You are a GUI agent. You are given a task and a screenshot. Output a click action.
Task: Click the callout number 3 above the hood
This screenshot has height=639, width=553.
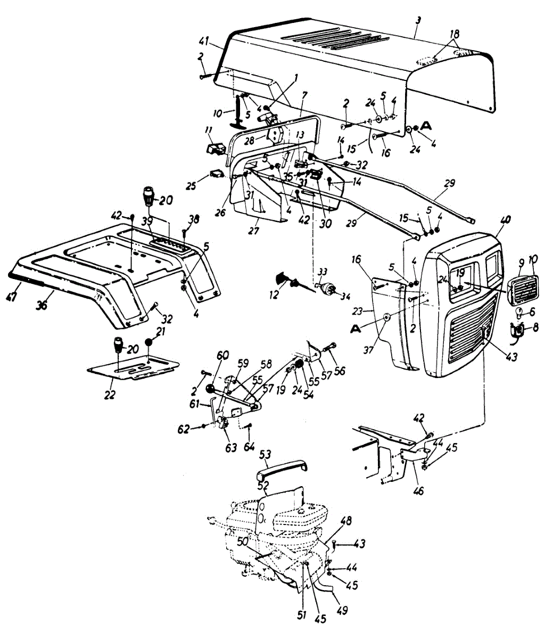tap(418, 20)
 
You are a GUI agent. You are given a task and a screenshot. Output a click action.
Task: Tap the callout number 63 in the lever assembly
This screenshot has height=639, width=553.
tap(230, 448)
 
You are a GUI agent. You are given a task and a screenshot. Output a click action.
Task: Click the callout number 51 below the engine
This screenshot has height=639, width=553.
tap(302, 615)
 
